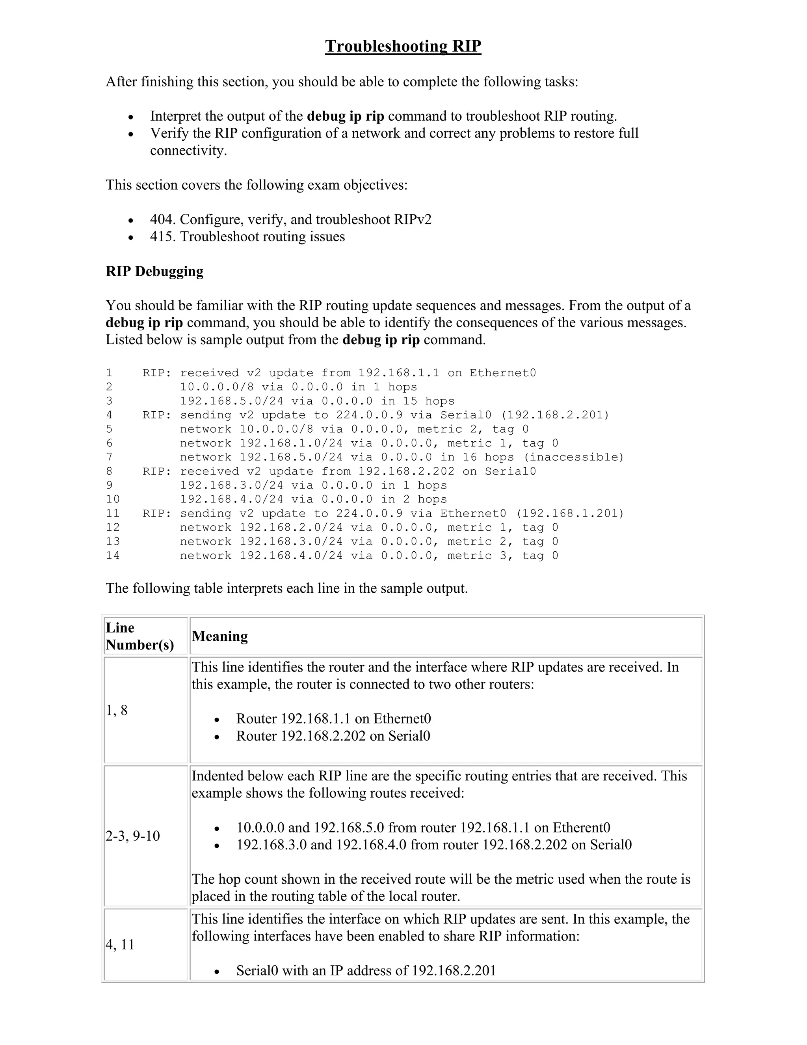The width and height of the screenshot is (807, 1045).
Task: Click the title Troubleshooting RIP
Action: pyautogui.click(x=403, y=47)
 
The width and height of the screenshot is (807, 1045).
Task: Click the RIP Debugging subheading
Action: pyautogui.click(x=154, y=271)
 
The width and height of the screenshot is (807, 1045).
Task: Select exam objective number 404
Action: pyautogui.click(x=163, y=220)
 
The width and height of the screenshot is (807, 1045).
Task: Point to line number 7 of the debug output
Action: pyautogui.click(x=110, y=457)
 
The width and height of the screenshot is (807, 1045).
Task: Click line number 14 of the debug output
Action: pyautogui.click(x=113, y=556)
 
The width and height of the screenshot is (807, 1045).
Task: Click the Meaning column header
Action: pyautogui.click(x=220, y=636)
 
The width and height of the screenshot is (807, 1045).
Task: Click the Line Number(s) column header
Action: pyautogui.click(x=139, y=636)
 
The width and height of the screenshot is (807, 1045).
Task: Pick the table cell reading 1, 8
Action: pyautogui.click(x=117, y=711)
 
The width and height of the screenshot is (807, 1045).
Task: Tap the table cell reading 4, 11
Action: pyautogui.click(x=121, y=944)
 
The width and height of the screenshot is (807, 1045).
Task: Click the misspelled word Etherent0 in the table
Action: pyautogui.click(x=581, y=828)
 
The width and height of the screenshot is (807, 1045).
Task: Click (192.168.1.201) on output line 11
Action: pyautogui.click(x=570, y=514)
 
